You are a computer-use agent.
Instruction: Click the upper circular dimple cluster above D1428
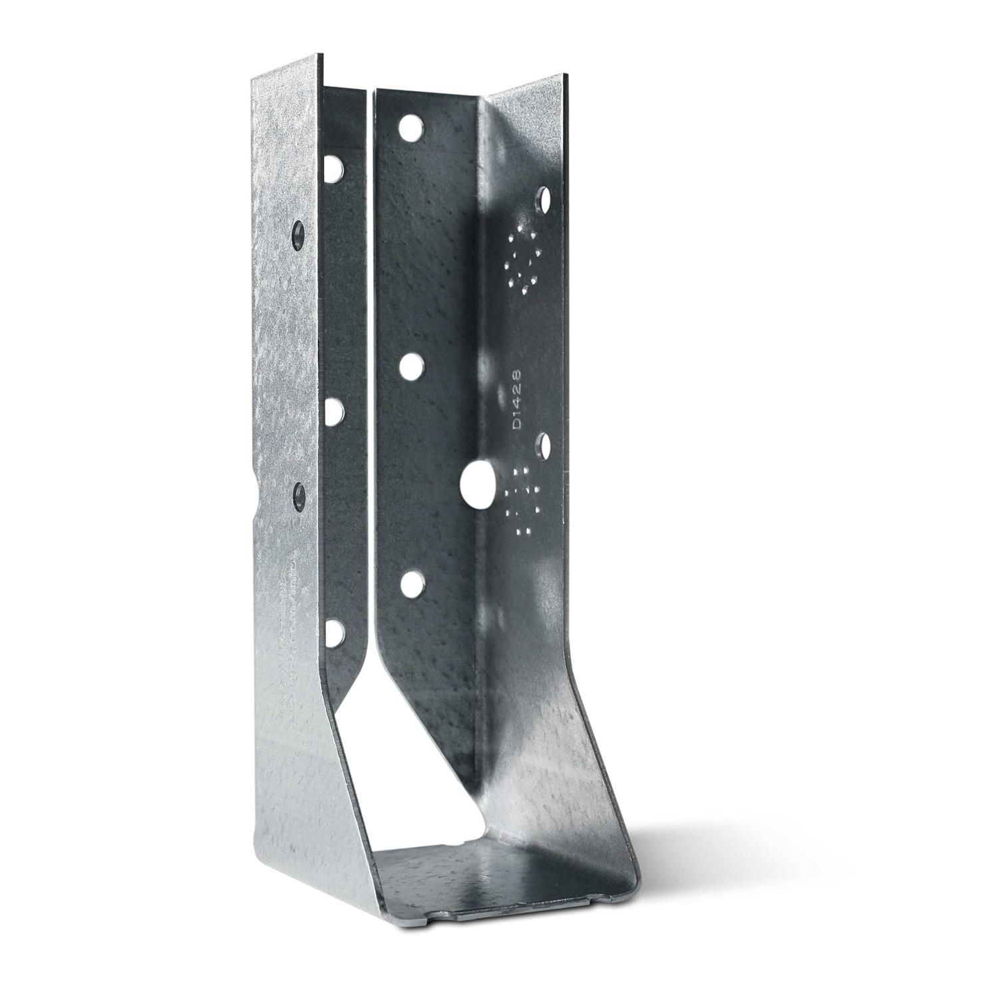pyautogui.click(x=524, y=259)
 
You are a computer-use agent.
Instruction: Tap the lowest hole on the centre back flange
pyautogui.click(x=412, y=584)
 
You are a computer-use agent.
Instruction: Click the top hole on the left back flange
pyautogui.click(x=335, y=169)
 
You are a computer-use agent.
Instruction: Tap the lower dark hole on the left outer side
pyautogui.click(x=299, y=493)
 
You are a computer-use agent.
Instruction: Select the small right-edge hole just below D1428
pyautogui.click(x=545, y=442)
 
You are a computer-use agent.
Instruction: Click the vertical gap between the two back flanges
pyautogui.click(x=370, y=333)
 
